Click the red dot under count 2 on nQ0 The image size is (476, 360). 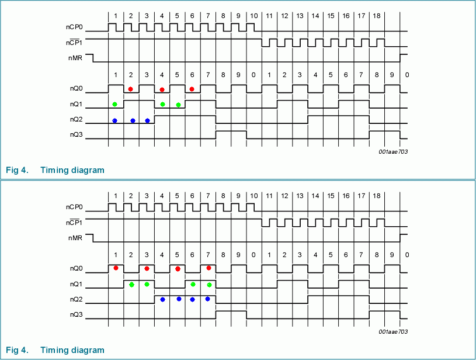pos(131,89)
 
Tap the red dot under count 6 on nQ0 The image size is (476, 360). pos(192,89)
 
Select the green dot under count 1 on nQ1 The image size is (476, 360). pos(115,104)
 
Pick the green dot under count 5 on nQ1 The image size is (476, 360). pos(178,105)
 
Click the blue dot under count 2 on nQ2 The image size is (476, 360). pos(133,121)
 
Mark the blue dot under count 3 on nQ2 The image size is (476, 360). pos(147,121)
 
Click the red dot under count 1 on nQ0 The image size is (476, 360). pos(116,268)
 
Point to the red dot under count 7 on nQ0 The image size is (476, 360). pos(209,268)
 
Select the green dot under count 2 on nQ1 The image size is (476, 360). pos(131,285)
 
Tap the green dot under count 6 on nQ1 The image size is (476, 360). pos(193,285)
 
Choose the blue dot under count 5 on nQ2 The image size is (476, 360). pos(179,299)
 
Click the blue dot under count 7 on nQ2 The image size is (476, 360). pos(208,299)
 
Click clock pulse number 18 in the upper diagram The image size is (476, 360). pos(377,15)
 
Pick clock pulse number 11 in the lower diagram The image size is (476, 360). pos(269,195)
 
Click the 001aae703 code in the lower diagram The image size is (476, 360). pos(392,331)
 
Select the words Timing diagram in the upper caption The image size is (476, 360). pos(73,170)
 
